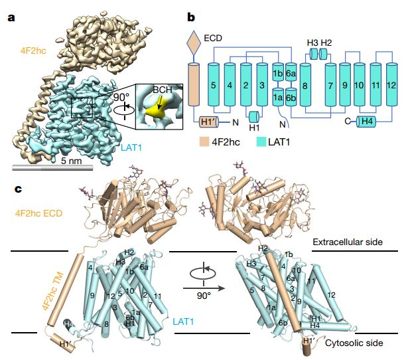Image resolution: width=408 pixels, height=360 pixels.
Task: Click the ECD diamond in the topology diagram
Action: click(194, 43)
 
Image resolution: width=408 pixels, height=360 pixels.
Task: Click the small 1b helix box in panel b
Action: click(279, 72)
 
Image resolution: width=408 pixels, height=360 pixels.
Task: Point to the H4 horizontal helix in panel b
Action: click(367, 122)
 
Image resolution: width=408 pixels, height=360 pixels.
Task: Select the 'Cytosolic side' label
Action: click(358, 343)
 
